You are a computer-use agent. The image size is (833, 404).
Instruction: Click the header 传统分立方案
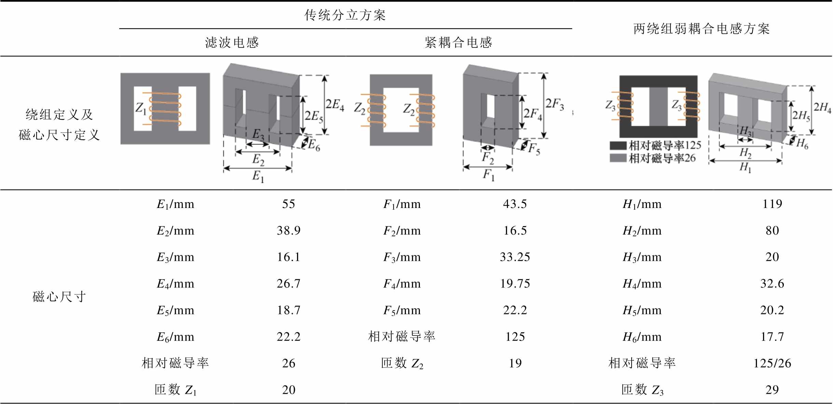click(345, 15)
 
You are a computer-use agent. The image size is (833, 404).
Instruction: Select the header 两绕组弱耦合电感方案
click(701, 29)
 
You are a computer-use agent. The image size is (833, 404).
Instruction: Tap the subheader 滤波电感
click(232, 43)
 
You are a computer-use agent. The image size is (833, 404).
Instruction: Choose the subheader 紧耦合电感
click(458, 43)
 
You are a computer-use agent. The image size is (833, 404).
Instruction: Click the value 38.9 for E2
click(288, 231)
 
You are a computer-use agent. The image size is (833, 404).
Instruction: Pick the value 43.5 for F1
click(515, 204)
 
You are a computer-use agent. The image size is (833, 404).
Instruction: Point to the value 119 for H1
click(772, 204)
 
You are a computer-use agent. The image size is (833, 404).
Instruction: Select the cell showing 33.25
click(515, 257)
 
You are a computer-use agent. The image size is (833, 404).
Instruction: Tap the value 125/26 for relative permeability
click(772, 363)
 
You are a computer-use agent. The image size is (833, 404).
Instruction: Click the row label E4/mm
click(175, 284)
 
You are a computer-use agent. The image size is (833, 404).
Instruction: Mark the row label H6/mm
click(642, 337)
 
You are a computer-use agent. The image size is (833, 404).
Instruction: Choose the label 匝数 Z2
click(402, 363)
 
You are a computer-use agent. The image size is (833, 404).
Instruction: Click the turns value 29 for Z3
click(772, 390)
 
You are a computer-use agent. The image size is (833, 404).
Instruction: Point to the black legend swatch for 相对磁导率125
click(618, 146)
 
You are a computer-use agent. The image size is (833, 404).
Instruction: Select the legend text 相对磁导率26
click(662, 158)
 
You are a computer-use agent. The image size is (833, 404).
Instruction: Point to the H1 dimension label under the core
click(745, 167)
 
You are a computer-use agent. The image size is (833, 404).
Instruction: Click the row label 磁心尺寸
click(59, 297)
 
